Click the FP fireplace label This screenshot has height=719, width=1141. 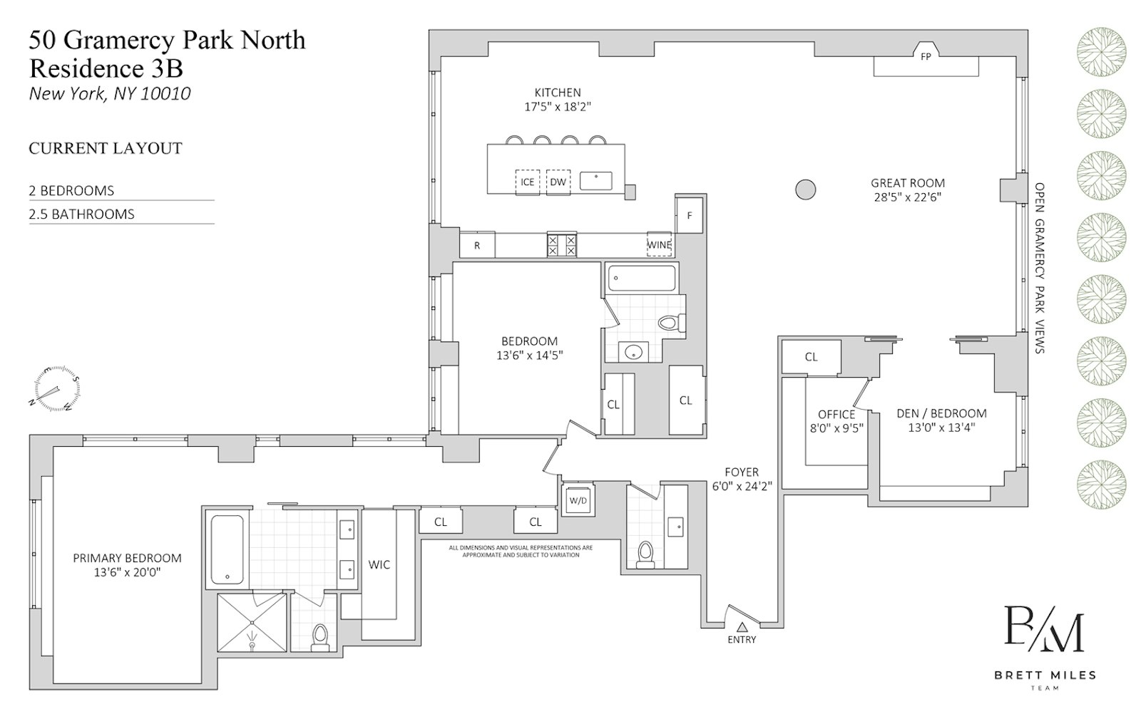pos(926,56)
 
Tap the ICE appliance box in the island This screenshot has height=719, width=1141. pos(527,182)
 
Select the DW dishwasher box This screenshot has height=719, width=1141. pos(558,182)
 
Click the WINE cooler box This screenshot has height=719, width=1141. pos(659,244)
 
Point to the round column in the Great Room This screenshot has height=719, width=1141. pos(805,190)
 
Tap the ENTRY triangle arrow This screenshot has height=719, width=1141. pos(742,627)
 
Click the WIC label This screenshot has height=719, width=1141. pos(379,564)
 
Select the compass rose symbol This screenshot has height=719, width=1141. pos(54,390)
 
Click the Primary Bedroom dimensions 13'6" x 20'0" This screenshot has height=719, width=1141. pos(127,571)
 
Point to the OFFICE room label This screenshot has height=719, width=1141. pos(836,414)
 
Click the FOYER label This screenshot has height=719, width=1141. pos(742,472)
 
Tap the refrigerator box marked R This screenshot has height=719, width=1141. pos(477,246)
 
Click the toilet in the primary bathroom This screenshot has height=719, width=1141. pos(319,636)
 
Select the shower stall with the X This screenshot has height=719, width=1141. pos(251,621)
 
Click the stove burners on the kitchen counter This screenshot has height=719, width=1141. pos(562,245)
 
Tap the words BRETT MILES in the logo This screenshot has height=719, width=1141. pos(1045,674)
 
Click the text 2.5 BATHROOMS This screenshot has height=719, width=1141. pos(82,214)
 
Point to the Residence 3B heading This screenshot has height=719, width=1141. pos(106,68)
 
